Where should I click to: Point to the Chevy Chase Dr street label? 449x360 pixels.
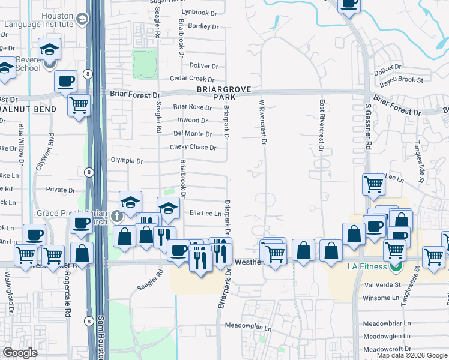pyautogui.click(x=193, y=147)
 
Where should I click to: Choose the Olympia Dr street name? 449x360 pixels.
pyautogui.click(x=127, y=161)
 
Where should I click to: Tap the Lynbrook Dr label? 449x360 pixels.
pyautogui.click(x=202, y=12)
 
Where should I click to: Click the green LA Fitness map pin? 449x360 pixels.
pyautogui.click(x=395, y=266)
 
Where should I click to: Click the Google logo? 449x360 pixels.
pyautogui.click(x=20, y=353)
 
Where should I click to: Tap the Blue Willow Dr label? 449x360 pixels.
pyautogui.click(x=21, y=144)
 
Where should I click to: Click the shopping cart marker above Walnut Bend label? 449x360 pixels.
pyautogui.click(x=79, y=106)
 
